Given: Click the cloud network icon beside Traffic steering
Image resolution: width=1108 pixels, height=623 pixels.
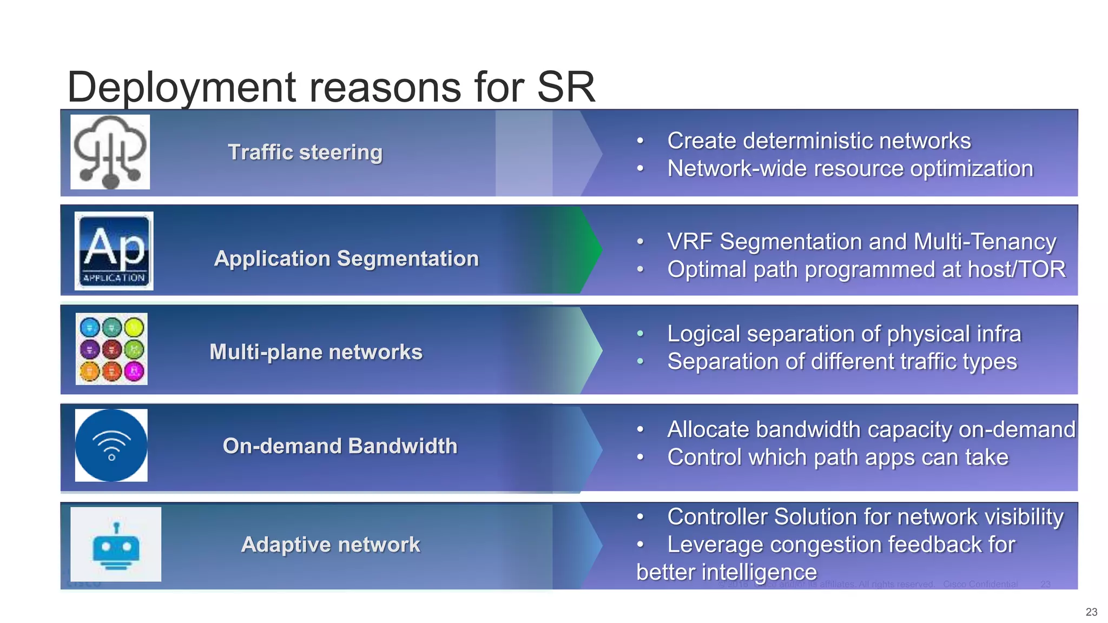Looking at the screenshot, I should point(110,152).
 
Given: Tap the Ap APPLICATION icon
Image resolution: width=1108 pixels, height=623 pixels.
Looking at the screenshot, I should point(114,251).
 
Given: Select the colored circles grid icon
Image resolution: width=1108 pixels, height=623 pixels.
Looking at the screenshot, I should point(111,349).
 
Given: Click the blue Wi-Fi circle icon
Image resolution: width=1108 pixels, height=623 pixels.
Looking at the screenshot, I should point(111,445).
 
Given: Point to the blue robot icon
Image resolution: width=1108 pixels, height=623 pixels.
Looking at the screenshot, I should point(116,544).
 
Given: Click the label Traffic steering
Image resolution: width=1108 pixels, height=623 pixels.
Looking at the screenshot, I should point(305,153).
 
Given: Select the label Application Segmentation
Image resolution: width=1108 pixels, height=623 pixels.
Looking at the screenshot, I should point(346,259).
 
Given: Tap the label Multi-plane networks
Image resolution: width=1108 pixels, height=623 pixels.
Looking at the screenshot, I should point(315,352).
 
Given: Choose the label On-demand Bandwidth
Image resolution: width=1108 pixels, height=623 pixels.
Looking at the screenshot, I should point(340,446).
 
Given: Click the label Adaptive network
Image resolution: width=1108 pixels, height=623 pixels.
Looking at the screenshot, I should point(330,545).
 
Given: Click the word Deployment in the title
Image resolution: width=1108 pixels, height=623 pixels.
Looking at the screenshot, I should point(181,88).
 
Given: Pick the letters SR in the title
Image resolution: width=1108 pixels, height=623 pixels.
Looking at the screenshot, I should point(566,88).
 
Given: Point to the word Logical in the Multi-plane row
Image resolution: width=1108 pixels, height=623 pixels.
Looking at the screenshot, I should point(703,334).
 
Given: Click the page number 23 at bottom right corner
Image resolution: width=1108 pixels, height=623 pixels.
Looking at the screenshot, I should point(1091,612).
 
